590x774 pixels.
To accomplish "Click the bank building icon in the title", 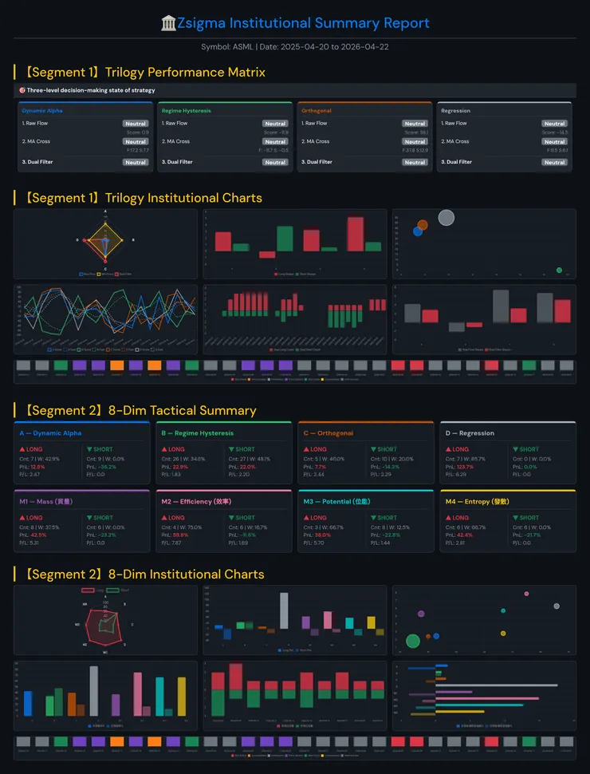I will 168,23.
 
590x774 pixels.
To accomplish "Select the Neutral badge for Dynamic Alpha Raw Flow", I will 135,124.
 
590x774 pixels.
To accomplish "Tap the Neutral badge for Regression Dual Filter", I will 554,162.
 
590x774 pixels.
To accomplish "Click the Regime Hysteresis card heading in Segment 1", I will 186,111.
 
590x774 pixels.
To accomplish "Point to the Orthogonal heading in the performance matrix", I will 317,111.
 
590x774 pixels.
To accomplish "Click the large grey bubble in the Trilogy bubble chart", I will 446,217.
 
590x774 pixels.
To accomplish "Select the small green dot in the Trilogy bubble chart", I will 559,271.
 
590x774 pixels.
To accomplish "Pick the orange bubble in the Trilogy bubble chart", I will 423,225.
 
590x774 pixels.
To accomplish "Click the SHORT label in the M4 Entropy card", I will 527,518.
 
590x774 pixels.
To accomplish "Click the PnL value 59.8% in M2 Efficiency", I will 178,535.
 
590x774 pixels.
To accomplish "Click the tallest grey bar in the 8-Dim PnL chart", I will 284,610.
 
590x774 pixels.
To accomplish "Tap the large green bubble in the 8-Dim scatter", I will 413,640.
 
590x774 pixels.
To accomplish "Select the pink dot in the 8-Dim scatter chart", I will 526,594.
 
